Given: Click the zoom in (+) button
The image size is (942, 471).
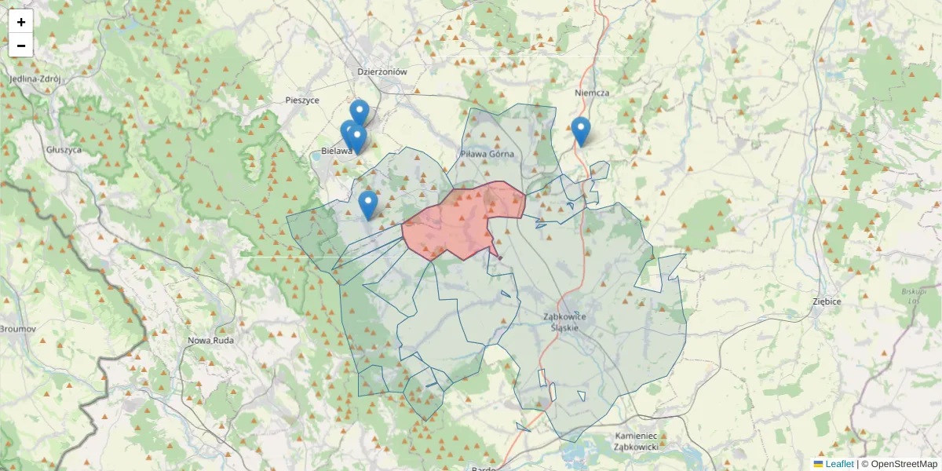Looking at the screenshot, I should point(21,22).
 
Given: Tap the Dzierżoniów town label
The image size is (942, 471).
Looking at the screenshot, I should point(382,71).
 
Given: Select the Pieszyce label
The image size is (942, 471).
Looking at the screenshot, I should point(302,100).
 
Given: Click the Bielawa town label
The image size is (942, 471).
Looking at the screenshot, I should point(336,151).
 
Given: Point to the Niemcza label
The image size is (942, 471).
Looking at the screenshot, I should point(592,93).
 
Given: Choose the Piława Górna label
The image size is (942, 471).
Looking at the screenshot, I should point(487,154).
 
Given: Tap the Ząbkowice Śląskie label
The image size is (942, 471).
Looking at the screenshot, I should point(575,322).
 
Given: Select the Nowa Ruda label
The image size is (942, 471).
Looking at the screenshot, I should point(211,341).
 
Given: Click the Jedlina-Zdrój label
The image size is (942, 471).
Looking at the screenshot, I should point(35,79).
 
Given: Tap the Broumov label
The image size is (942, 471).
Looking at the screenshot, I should point(17,329).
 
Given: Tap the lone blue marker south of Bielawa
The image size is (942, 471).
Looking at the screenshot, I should point(367,205).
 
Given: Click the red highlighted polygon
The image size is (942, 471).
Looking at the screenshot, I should point(459,224).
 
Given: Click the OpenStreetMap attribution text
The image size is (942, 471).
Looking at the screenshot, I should point(904,464).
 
